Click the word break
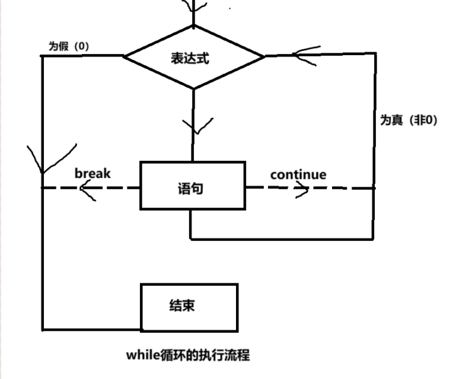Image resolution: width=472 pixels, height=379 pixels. [93, 173]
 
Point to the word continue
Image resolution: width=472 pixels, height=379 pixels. [298, 174]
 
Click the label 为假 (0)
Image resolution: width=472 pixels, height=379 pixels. [68, 46]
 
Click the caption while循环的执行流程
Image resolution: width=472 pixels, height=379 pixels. [187, 355]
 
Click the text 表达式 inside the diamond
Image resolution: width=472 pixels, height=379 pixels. [190, 58]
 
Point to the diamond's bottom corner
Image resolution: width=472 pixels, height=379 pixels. [193, 89]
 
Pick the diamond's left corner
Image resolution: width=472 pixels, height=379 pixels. [124, 56]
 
